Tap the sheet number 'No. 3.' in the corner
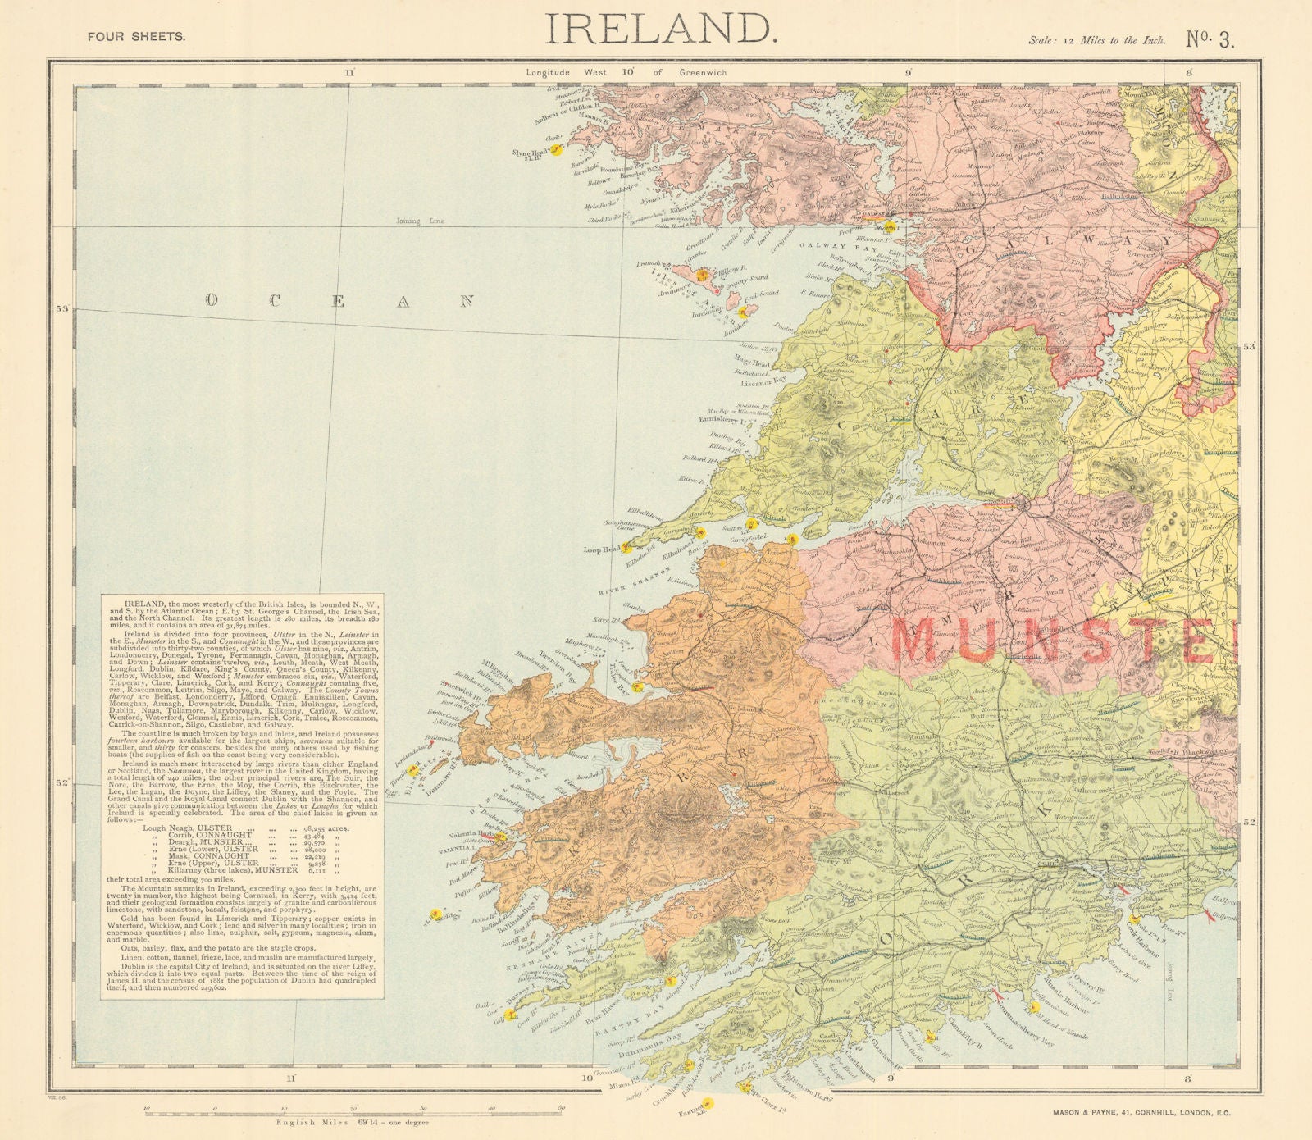(1209, 40)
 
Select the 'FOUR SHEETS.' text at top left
(136, 36)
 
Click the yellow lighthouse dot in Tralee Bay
(637, 686)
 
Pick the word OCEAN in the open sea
(340, 301)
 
